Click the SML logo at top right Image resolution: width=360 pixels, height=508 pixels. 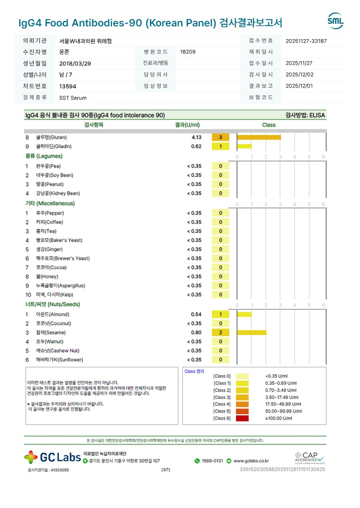point(335,21)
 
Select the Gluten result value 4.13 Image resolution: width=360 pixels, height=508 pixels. point(196,137)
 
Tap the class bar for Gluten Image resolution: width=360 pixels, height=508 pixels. point(259,137)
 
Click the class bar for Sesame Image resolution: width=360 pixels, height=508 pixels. point(251,333)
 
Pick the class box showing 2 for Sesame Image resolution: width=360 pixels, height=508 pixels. point(220,333)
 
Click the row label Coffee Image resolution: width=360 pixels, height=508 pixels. point(49,222)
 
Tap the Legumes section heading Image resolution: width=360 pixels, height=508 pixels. point(44,156)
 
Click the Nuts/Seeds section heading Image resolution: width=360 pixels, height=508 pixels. point(53,305)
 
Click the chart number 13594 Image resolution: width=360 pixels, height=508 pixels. point(68,86)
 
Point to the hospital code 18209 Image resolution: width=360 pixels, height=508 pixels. point(188,52)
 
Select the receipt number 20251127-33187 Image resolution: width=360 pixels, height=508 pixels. point(306,41)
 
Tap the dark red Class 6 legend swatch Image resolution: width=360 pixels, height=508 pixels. point(242,418)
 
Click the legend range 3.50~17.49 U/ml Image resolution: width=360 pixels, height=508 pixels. point(282,397)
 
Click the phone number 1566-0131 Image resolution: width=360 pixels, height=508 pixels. point(212,461)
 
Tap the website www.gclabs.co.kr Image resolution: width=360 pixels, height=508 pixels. point(251,461)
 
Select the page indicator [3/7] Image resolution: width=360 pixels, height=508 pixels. point(165,470)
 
